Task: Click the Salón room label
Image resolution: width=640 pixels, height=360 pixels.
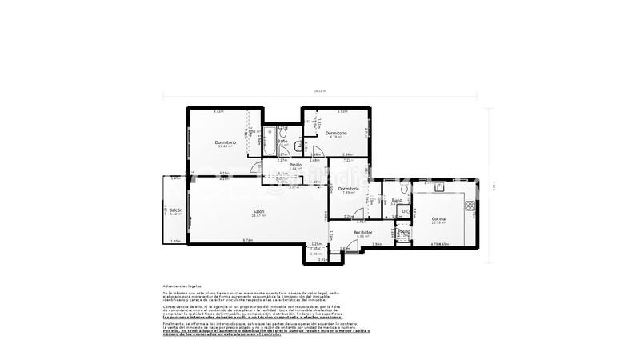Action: point(258,211)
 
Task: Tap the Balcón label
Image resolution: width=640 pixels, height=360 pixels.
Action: point(175,210)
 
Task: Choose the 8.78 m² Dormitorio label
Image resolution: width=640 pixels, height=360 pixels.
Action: point(336,134)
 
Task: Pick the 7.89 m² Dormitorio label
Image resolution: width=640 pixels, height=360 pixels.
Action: point(348,189)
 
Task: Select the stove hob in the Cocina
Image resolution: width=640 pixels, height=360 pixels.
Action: point(472,206)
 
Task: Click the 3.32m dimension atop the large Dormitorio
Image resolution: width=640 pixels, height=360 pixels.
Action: point(217,111)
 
